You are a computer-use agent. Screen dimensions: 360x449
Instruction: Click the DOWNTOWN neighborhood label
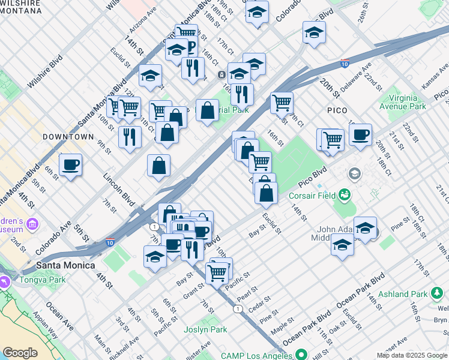(68, 137)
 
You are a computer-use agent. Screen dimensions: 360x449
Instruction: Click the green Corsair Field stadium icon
(345, 194)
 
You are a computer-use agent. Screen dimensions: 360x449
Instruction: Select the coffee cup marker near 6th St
(70, 164)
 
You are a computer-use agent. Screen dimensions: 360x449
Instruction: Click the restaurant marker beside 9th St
(130, 137)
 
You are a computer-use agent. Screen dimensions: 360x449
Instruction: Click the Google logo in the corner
(20, 353)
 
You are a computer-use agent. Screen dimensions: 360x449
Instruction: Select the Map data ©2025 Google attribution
(412, 355)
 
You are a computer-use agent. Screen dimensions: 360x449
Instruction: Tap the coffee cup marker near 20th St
(360, 134)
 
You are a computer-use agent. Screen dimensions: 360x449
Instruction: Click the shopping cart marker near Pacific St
(217, 273)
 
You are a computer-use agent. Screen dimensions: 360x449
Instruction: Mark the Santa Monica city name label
(66, 265)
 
